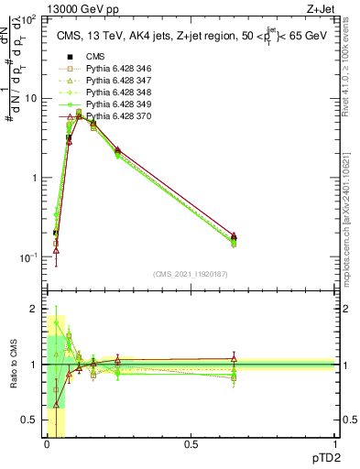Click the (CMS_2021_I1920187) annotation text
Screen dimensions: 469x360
click(x=190, y=273)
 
